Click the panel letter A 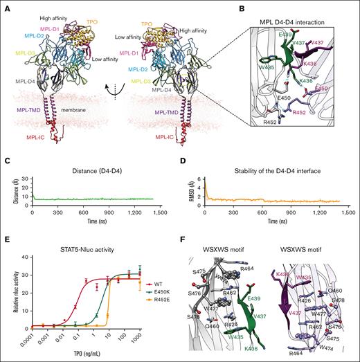[x=5, y=5]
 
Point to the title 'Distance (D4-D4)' [x=99, y=163]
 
